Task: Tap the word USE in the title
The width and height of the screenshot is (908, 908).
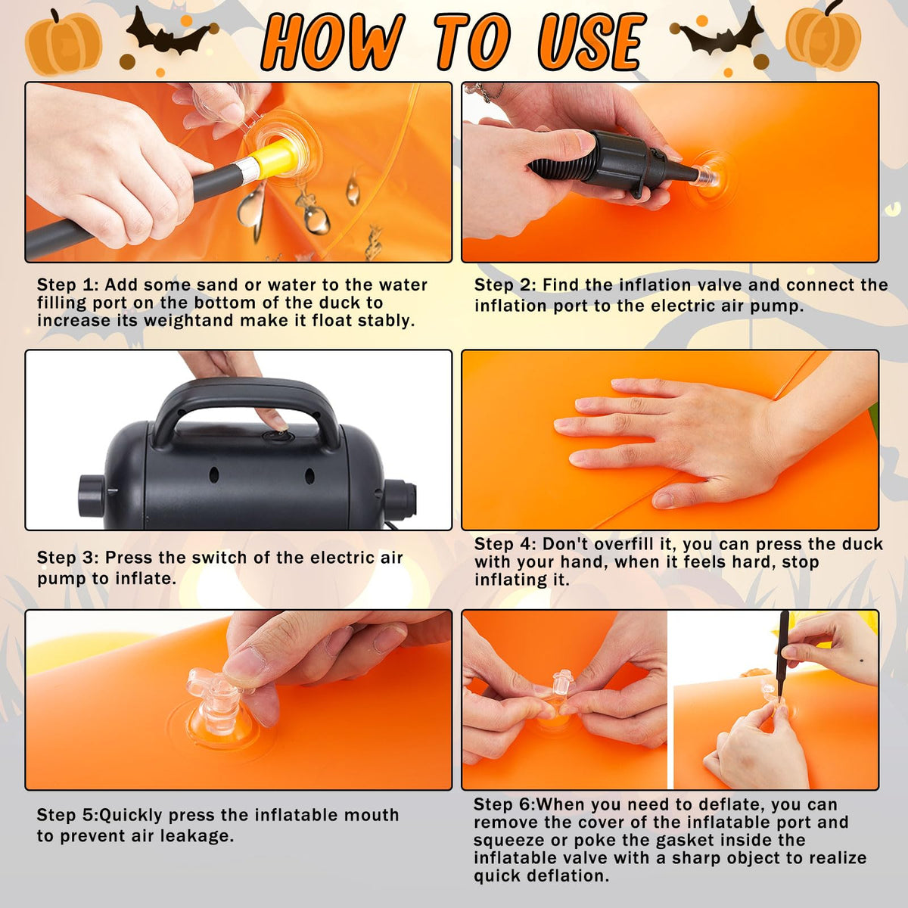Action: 592,42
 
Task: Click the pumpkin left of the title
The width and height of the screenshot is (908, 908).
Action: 63,42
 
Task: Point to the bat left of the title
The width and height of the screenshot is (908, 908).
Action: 169,34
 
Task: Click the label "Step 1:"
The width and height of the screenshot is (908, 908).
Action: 68,285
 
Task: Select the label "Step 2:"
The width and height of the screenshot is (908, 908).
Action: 505,285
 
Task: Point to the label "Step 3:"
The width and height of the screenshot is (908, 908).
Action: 68,558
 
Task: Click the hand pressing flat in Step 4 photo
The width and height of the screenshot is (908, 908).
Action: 669,440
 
